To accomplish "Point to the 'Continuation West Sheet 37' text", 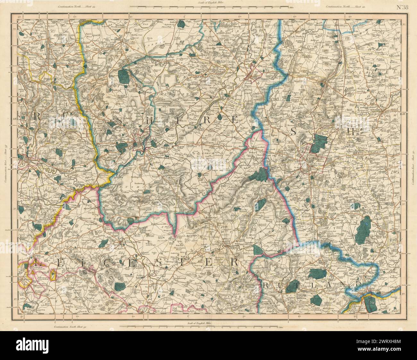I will coord(5,163).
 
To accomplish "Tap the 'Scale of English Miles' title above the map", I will coord(208,3).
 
